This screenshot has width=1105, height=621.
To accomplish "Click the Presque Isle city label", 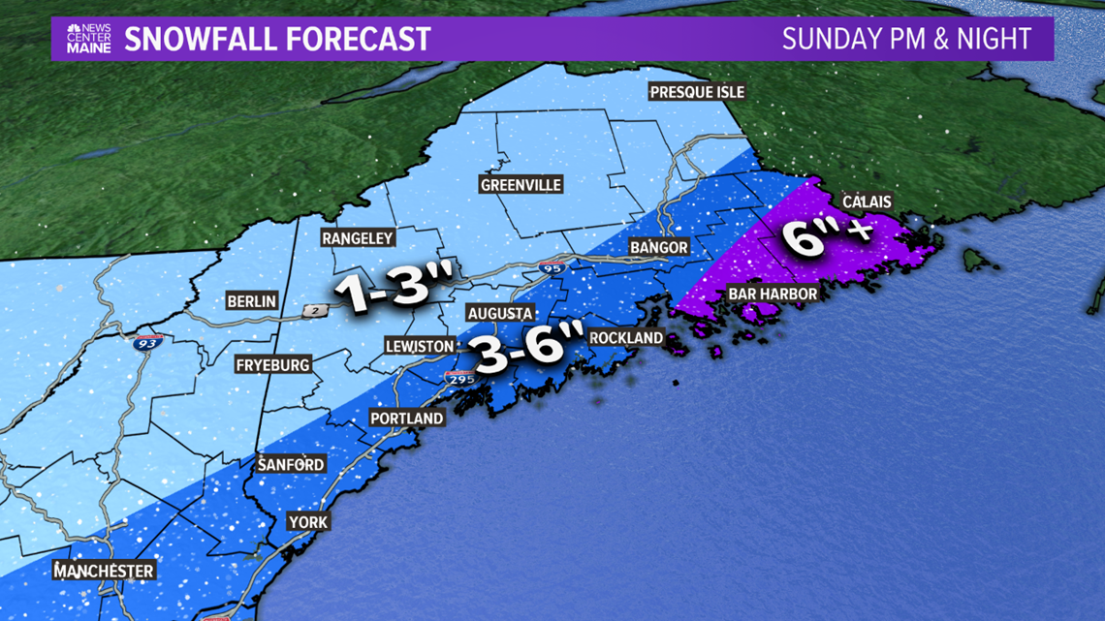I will (x=697, y=92).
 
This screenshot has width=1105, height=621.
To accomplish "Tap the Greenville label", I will (x=521, y=185).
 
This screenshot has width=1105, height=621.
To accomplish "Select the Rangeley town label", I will (x=359, y=238).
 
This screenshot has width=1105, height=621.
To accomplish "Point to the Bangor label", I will (x=659, y=248).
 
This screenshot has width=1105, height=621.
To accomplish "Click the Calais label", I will (x=867, y=202).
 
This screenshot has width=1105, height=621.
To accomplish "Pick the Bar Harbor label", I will (x=773, y=294).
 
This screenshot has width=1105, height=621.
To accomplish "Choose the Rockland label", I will (x=626, y=337).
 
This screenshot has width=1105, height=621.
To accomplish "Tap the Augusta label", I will (x=500, y=313).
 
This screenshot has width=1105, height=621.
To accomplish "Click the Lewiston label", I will (x=419, y=346).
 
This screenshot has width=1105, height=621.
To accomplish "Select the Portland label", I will (x=407, y=419).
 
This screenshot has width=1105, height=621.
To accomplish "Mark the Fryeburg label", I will (x=272, y=365).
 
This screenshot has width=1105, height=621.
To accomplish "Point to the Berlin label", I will (x=251, y=301).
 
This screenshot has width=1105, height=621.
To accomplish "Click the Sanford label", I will (x=291, y=465).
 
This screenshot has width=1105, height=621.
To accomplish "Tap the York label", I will (x=308, y=522).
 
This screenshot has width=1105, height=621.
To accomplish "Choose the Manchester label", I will (x=104, y=571).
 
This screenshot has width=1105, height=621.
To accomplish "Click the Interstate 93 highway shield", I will (x=148, y=341).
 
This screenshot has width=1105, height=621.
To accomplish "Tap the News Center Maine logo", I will (x=89, y=39).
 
